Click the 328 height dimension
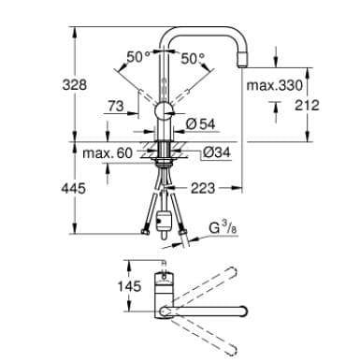49,85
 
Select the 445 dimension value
49,188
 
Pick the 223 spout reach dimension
203,188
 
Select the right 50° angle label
193,58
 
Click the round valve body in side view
166,112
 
